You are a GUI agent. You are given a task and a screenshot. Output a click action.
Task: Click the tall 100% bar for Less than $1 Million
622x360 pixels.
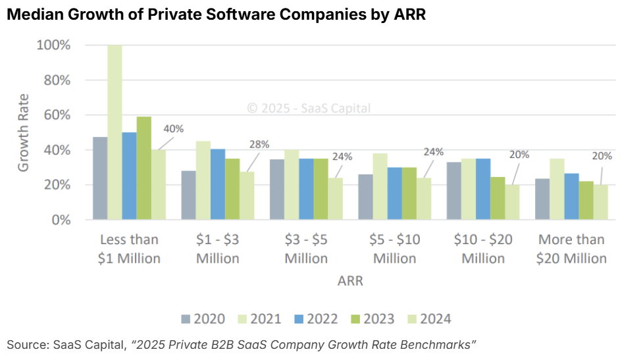pos(115,132)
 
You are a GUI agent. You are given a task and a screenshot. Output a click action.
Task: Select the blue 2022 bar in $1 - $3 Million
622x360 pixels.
pos(217,184)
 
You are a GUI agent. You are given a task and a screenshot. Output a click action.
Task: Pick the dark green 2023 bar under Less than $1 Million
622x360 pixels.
pos(143,168)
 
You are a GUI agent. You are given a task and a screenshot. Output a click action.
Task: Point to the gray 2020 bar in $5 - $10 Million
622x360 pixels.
pos(365,197)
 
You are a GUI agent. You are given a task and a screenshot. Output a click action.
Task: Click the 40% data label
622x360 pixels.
pos(173,128)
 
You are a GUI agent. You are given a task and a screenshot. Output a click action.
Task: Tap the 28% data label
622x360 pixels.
pos(259,145)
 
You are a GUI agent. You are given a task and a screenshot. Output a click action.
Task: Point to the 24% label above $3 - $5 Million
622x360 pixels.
pos(342,157)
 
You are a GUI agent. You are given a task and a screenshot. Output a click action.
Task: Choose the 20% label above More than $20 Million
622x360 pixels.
pos(602,156)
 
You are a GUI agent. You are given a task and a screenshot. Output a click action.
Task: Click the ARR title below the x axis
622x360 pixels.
pos(350,282)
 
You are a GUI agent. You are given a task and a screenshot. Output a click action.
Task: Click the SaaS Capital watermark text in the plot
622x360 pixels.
pos(309,108)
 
